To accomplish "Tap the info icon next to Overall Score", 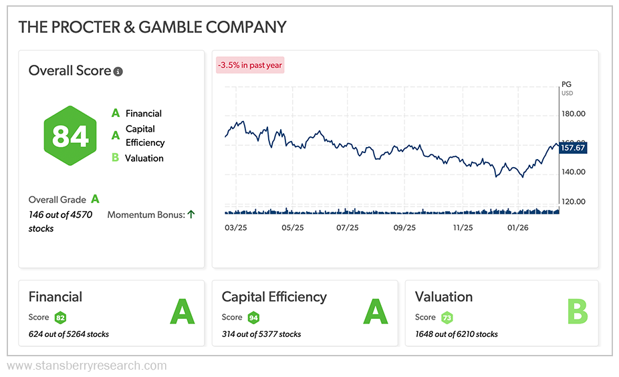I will [x=118, y=72].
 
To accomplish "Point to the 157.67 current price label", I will [x=573, y=148].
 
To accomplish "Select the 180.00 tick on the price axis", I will [x=572, y=114].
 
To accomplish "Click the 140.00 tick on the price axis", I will [x=572, y=172].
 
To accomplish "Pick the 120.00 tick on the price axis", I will [x=572, y=201].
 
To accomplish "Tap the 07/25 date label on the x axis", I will [x=348, y=228].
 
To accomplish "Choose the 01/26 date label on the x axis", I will [x=517, y=228].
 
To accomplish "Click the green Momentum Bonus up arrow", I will [x=191, y=215].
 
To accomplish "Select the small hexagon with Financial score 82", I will [x=60, y=318].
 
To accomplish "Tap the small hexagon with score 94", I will [x=253, y=318].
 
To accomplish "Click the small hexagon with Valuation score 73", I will [x=447, y=318].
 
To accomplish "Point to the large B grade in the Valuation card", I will [x=577, y=312].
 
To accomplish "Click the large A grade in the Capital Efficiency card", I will [x=375, y=312].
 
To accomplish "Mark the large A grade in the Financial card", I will [x=182, y=312].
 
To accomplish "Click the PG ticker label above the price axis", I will [x=567, y=85].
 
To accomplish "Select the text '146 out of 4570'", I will [x=60, y=215].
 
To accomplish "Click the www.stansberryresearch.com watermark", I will [x=86, y=366].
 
